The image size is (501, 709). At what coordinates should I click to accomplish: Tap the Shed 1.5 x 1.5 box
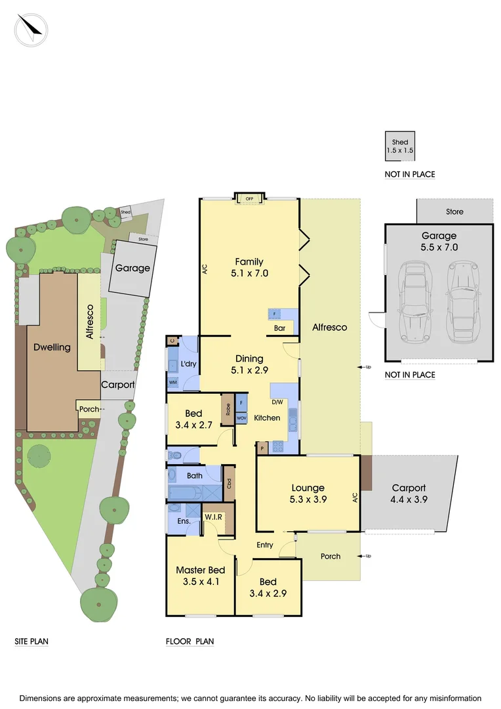point(399,146)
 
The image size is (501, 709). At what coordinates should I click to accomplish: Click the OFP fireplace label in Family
point(249,198)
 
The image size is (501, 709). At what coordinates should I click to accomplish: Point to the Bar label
point(279,328)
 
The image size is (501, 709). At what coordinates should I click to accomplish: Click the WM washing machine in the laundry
point(173,381)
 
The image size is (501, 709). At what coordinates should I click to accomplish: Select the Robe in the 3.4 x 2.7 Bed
point(227,409)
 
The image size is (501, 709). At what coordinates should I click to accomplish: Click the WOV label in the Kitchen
point(241,418)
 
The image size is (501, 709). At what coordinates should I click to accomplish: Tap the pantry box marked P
point(262,448)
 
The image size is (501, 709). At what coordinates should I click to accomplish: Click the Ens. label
point(184,521)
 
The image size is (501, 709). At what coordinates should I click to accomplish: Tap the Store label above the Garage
point(454,211)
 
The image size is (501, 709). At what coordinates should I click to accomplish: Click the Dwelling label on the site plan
point(52,347)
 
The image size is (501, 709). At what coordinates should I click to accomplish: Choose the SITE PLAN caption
point(31,641)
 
